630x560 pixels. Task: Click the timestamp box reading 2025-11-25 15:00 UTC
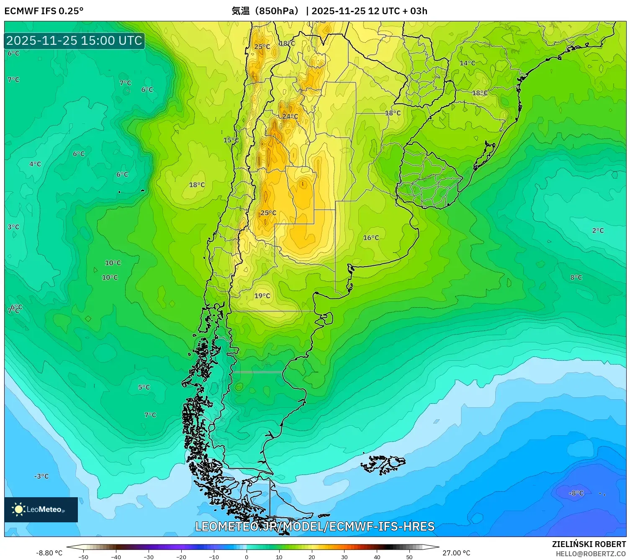coord(74,41)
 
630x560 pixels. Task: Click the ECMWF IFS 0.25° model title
coord(44,11)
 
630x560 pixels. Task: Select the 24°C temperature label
coord(290,116)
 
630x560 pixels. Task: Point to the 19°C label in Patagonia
coord(262,296)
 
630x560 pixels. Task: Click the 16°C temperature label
coord(370,238)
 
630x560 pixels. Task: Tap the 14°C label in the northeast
coord(467,63)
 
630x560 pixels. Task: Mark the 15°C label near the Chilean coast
coord(231,140)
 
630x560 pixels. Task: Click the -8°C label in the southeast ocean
coord(576,493)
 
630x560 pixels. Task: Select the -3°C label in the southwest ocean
coord(41,476)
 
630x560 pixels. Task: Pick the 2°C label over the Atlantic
coord(597,231)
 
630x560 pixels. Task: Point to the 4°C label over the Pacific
coord(35,164)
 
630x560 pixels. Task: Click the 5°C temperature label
coord(144,387)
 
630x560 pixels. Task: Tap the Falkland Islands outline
coord(383,464)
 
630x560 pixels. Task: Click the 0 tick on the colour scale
coord(247,557)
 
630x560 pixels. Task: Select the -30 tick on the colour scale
coord(149,557)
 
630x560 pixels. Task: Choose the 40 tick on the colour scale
coord(377,557)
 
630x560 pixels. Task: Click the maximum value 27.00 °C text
coord(456,553)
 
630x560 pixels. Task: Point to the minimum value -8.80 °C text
coord(49,553)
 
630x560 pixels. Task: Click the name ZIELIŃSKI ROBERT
coord(589,544)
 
